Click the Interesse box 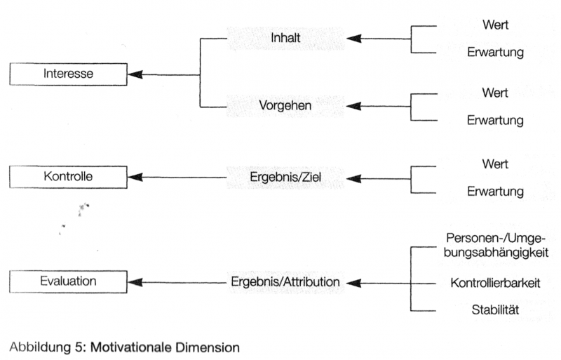[69, 74]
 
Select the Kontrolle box [69, 177]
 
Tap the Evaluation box [69, 281]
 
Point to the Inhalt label [286, 38]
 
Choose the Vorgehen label [286, 106]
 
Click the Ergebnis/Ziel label [286, 178]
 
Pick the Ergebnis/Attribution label [285, 282]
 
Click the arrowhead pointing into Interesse [135, 74]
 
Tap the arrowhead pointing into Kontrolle [135, 178]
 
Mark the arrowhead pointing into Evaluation [135, 282]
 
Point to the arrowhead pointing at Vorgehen [354, 106]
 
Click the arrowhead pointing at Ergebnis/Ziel [354, 178]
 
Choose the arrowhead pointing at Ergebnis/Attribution [354, 283]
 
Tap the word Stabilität [495, 309]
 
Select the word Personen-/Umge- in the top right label [495, 238]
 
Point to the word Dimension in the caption [208, 346]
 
